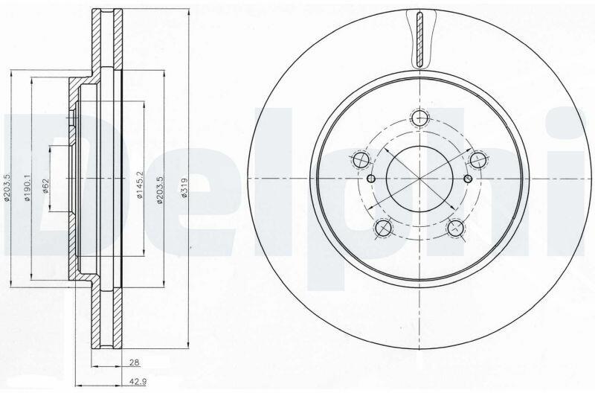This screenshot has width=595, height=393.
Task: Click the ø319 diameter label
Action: coord(184,188)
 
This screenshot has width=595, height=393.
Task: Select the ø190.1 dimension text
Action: coord(27,188)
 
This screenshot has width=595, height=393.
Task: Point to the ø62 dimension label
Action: coord(46,185)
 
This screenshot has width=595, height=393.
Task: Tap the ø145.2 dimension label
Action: coord(139,185)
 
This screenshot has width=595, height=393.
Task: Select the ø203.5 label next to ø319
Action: coord(160,190)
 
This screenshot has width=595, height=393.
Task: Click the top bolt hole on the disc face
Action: coord(419,117)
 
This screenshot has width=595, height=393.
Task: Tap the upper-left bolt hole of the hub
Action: coord(361,159)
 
